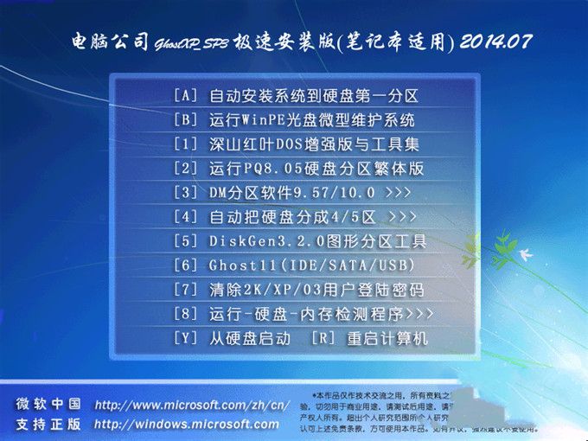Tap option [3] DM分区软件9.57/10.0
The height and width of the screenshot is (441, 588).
pos(286,192)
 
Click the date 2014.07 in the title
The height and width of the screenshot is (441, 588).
pos(496,41)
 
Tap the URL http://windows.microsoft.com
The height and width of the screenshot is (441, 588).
pos(187,424)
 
